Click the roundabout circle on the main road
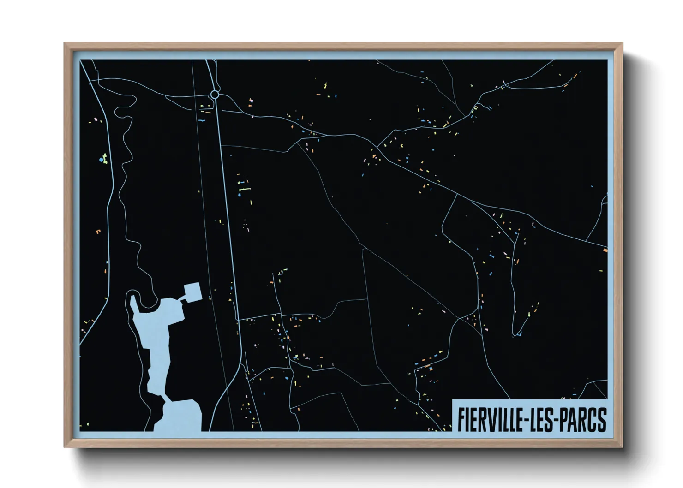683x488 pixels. click(215, 95)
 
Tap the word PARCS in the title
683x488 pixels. click(586, 420)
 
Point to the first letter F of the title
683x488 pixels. click(461, 420)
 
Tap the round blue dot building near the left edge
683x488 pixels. click(101, 160)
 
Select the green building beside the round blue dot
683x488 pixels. click(105, 158)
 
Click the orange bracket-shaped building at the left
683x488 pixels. click(98, 231)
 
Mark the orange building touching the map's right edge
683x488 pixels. click(605, 250)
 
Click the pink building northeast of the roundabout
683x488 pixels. click(251, 100)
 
